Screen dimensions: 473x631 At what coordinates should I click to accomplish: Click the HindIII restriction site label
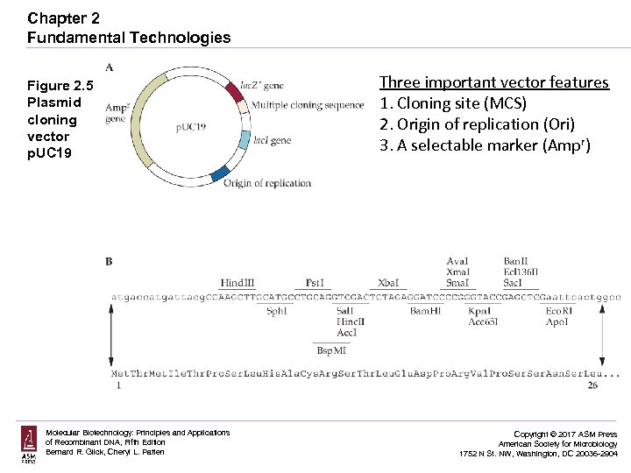[x=237, y=283]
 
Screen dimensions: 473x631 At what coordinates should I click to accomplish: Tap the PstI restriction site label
[x=315, y=283]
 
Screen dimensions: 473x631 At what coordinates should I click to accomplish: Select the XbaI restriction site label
[x=387, y=283]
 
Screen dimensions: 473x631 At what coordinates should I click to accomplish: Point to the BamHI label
[x=425, y=311]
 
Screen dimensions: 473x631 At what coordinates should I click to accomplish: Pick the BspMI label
[x=331, y=350]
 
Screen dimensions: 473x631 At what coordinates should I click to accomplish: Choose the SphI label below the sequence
[x=276, y=311]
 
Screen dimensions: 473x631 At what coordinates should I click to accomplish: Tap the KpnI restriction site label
[x=479, y=311]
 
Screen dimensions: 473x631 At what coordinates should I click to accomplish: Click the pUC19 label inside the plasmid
[x=190, y=127]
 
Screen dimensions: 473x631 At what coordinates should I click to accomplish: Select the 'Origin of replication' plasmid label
[x=267, y=183]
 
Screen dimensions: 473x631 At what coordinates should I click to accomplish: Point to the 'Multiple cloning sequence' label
[x=308, y=105]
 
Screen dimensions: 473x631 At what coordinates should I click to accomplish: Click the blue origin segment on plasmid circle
[x=219, y=173]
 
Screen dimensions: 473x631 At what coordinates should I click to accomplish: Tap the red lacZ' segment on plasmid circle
[x=230, y=90]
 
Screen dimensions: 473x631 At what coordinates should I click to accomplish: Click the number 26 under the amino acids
[x=593, y=385]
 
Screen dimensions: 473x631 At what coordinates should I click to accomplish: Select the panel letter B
[x=109, y=261]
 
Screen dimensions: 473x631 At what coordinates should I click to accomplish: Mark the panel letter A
[x=109, y=67]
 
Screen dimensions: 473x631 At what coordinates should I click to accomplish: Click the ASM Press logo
[x=30, y=443]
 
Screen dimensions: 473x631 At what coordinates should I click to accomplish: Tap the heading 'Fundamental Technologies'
[x=129, y=38]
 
